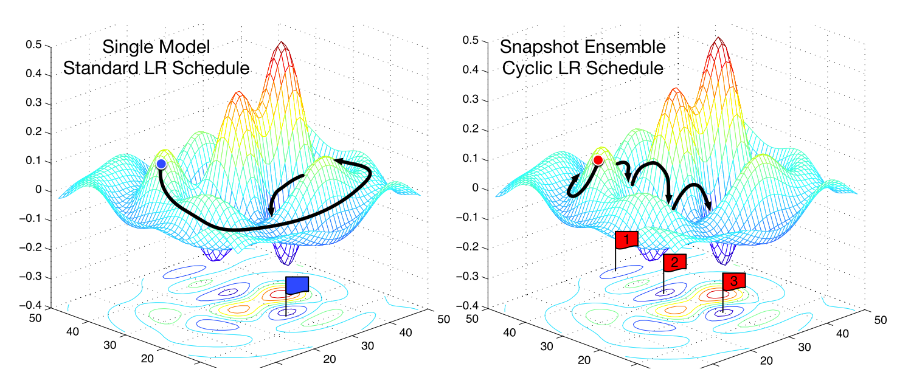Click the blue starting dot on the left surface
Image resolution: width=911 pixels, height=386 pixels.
point(161,164)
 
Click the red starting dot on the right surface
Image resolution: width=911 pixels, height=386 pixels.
point(598,160)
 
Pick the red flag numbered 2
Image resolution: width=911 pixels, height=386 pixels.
point(674,262)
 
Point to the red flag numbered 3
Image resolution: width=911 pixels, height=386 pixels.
point(733,281)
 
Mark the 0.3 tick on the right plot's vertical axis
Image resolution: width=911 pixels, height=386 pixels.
point(471,100)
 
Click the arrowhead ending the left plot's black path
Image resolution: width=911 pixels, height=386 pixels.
point(271,212)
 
